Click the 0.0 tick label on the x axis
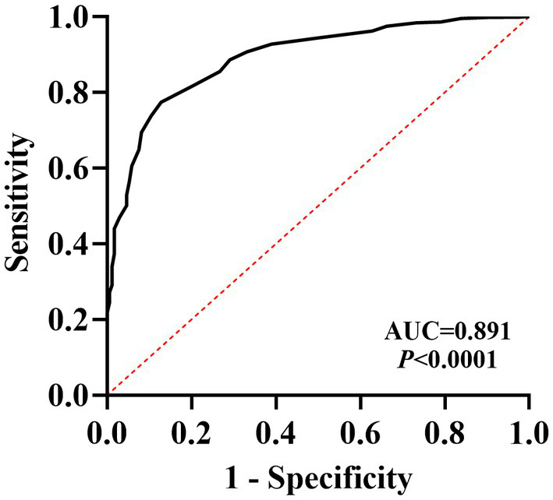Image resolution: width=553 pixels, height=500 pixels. [x=107, y=431]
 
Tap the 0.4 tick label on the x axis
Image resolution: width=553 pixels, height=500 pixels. [x=276, y=431]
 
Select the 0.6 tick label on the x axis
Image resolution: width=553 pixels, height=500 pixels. [x=360, y=431]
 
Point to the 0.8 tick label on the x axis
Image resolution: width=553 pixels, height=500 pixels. [x=445, y=431]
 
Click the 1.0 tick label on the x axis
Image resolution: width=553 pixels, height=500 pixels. [x=528, y=431]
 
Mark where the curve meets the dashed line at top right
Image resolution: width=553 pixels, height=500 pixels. [x=528, y=17]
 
